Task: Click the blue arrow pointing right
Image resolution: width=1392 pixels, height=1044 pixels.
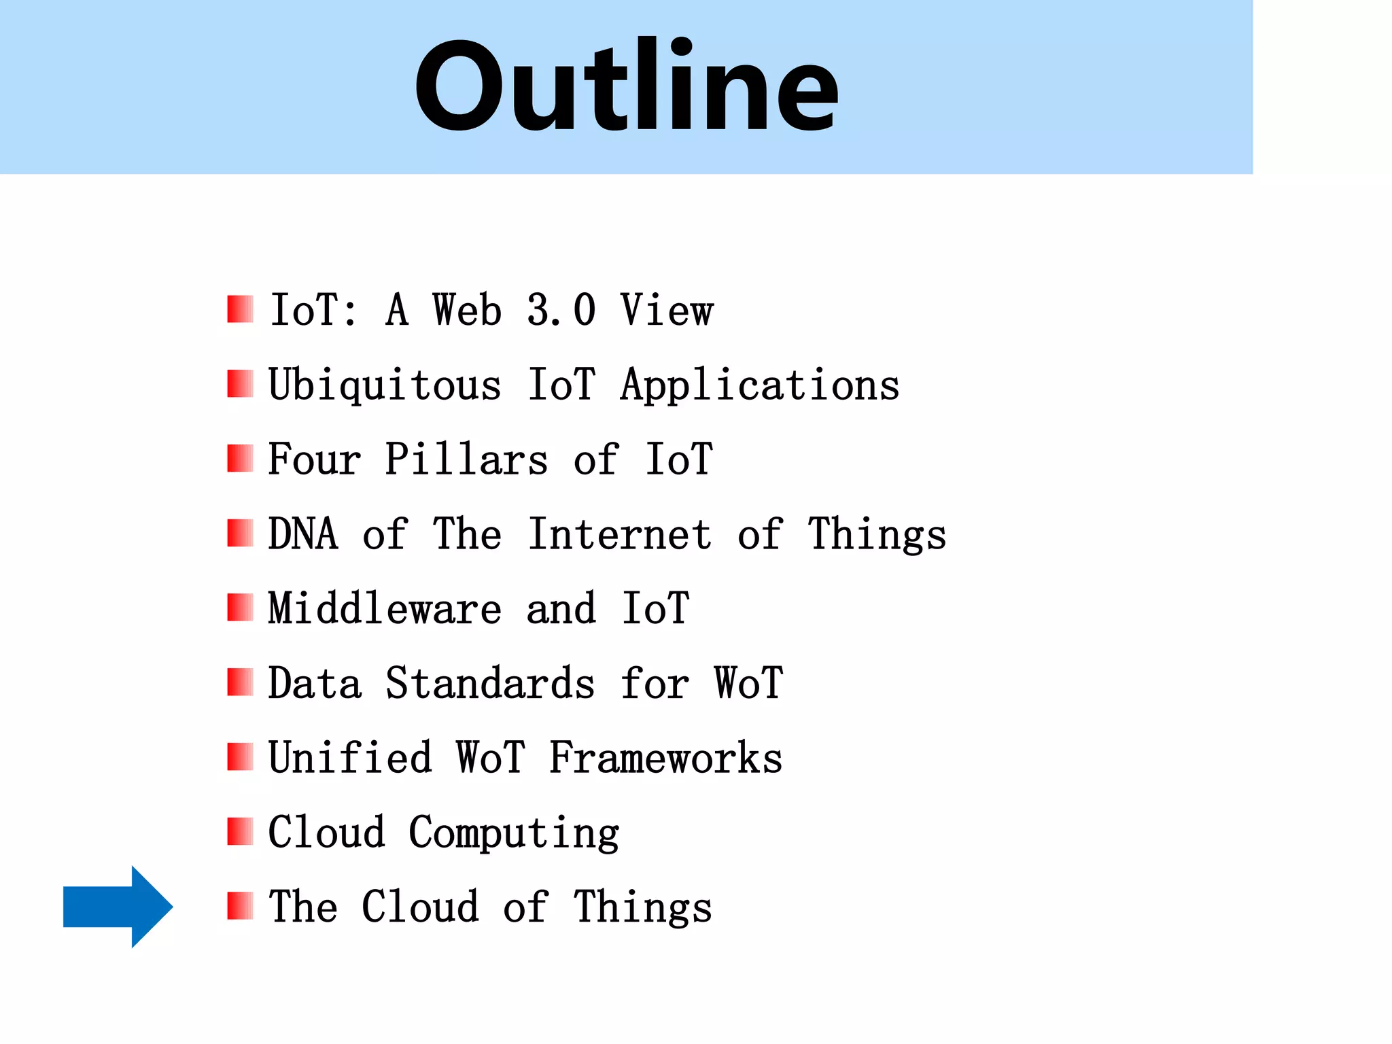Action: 118,907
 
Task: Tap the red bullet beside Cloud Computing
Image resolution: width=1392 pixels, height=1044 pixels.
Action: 240,831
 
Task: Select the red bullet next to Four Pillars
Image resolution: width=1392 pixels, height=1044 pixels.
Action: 240,458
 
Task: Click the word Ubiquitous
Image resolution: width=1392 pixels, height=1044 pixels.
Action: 385,385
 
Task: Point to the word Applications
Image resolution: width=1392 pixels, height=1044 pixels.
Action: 759,385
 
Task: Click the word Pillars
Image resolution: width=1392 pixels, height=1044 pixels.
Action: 466,459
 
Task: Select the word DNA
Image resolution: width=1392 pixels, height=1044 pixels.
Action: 303,534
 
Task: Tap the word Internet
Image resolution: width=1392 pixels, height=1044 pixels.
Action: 620,534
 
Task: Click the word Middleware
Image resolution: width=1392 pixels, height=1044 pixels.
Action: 385,608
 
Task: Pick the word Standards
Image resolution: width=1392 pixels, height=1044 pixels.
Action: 490,683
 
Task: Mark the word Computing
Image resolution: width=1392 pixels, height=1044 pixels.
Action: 514,833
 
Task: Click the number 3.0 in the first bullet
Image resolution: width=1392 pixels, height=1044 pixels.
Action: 561,310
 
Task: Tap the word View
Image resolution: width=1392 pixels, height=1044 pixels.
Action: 666,310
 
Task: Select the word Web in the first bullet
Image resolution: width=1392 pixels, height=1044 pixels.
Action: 467,310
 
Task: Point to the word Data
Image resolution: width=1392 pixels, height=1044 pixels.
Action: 315,683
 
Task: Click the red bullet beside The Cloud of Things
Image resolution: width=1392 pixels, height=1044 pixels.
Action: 240,906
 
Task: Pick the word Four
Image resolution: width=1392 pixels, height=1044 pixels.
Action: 315,459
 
